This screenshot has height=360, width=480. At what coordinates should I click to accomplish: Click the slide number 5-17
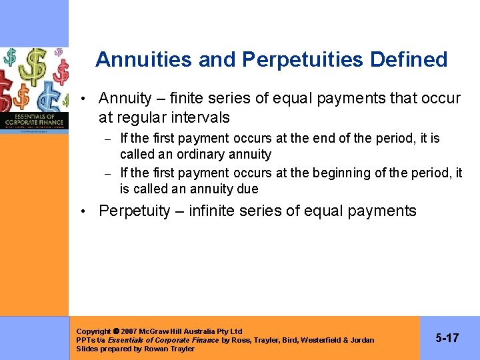click(447, 338)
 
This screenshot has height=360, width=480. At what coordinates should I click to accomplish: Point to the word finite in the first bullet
click(189, 99)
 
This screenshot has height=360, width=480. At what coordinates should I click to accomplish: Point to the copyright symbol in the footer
click(116, 331)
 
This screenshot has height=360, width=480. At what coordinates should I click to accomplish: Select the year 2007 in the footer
click(131, 331)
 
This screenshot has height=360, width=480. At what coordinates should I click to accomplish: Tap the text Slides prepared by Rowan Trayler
click(135, 349)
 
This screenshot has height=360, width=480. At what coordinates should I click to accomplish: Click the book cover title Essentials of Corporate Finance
click(34, 120)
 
